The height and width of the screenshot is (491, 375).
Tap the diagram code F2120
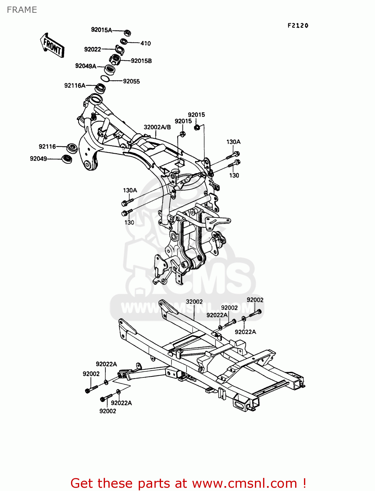click(x=298, y=26)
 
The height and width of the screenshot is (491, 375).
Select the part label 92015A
click(x=101, y=30)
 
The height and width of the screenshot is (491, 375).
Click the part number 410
click(x=146, y=43)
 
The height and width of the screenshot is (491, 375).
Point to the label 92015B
click(x=141, y=61)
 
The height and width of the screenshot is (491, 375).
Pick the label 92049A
click(x=86, y=66)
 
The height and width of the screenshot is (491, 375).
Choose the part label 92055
click(x=131, y=82)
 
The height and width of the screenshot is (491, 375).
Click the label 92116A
click(x=75, y=86)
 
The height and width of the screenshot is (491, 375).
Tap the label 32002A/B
click(x=157, y=127)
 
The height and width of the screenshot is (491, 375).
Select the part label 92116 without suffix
click(x=47, y=147)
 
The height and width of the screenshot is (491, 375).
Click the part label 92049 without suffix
click(x=38, y=159)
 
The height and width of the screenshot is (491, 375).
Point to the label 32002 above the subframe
click(x=194, y=302)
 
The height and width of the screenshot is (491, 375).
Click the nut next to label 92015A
click(x=128, y=33)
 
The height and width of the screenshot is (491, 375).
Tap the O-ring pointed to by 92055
click(x=105, y=79)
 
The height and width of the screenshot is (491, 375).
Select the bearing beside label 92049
click(x=67, y=159)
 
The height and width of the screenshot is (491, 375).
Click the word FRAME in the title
click(x=22, y=10)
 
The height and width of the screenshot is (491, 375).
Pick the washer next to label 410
click(x=124, y=42)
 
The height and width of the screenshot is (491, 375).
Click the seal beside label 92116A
click(x=100, y=88)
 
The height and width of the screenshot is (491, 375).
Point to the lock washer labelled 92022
click(x=120, y=50)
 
